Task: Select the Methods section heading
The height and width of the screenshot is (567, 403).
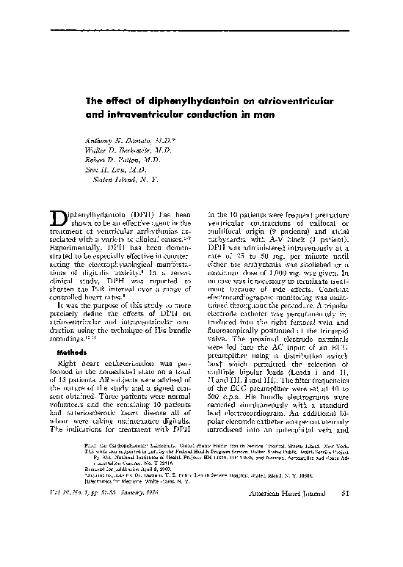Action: [x=71, y=351]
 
